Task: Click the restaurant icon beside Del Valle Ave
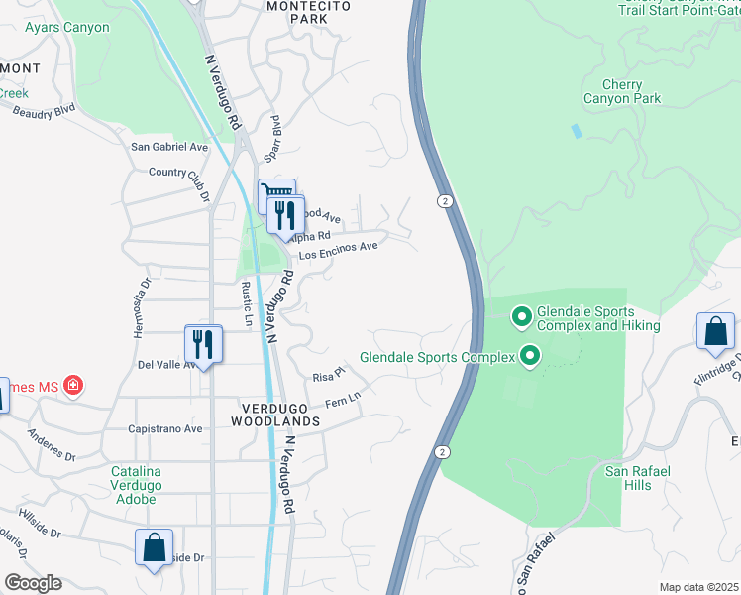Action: (x=203, y=345)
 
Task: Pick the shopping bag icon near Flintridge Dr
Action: (x=715, y=331)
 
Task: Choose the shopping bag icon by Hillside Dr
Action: (x=155, y=547)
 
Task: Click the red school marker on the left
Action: (x=72, y=385)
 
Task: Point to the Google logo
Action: (x=33, y=583)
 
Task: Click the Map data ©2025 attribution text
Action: (x=698, y=587)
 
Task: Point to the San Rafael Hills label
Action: (x=642, y=478)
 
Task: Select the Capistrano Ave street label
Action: (x=164, y=429)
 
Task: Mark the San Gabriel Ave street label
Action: (x=170, y=147)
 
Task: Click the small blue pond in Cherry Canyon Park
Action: (x=577, y=131)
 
